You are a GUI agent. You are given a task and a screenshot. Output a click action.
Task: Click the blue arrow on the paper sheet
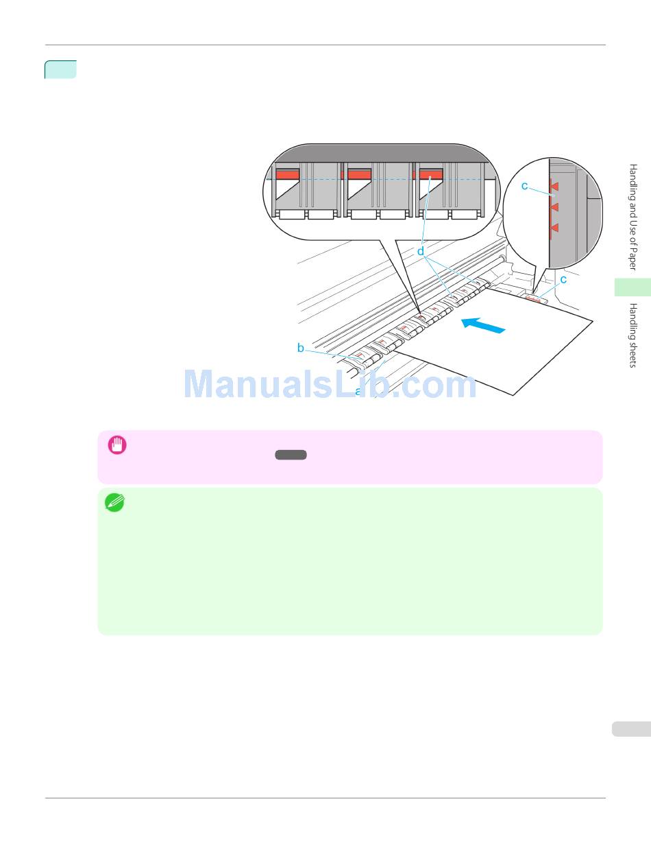484,326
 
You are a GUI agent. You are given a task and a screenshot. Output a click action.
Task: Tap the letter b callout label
301,348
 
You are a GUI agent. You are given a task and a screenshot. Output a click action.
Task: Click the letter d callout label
421,252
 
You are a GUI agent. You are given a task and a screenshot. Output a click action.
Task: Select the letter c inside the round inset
525,185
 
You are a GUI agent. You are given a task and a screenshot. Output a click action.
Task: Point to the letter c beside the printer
563,279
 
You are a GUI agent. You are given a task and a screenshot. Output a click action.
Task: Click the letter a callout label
358,392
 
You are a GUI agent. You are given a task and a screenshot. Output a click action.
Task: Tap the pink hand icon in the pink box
116,445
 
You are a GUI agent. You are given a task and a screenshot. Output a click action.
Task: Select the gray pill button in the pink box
291,455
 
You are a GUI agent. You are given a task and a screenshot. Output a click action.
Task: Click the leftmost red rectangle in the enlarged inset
288,175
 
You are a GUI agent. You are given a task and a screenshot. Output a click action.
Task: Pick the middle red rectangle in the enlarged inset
359,175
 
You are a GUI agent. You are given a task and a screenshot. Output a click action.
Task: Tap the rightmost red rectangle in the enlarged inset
430,175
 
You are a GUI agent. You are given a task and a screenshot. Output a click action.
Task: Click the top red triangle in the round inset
555,186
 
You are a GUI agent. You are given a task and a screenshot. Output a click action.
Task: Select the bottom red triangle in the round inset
555,227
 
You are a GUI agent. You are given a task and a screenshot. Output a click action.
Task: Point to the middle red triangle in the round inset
555,206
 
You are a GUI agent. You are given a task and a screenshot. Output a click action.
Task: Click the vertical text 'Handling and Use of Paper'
633,217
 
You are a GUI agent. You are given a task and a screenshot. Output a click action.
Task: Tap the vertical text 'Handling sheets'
633,335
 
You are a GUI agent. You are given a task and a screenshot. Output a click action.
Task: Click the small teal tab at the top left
60,69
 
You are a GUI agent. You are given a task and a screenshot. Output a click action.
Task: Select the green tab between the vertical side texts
632,287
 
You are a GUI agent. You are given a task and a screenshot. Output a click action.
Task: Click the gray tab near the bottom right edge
630,728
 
